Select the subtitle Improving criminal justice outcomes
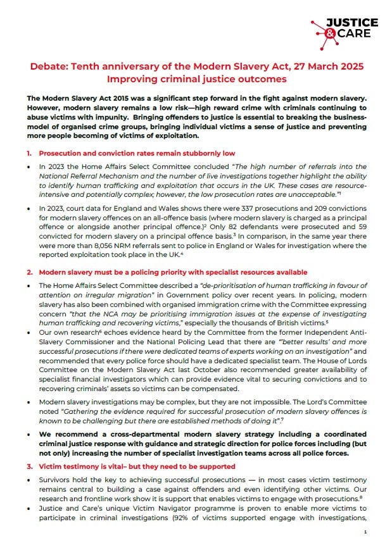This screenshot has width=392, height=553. tap(196, 79)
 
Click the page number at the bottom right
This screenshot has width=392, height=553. tap(365, 533)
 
